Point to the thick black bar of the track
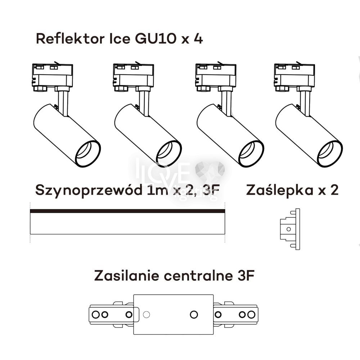127,211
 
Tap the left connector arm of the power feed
112,314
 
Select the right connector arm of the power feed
236,314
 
